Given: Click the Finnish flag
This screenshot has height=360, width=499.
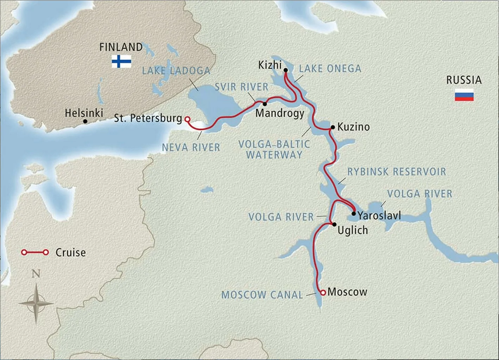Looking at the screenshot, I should tap(121, 62).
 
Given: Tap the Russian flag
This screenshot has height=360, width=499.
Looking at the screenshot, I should tap(464, 95).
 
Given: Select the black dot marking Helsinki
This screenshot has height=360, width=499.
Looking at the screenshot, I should tap(85, 121).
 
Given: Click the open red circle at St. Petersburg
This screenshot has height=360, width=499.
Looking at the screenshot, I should tap(188, 120).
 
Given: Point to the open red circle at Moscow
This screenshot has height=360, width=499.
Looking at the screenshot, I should tap(323, 292).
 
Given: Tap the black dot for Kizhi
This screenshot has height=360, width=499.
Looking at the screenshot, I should tap(286, 70).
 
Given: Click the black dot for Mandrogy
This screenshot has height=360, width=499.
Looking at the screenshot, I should tap(265, 104).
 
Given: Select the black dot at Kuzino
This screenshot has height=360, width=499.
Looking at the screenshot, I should tap(333, 127).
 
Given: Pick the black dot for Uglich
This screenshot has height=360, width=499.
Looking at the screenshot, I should tap(334, 224).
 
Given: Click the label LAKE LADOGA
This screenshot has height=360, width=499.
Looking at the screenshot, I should tap(176, 71).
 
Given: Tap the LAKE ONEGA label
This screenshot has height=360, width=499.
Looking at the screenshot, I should tap(330, 69).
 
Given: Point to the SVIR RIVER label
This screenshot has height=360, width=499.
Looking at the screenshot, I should tap(241, 87).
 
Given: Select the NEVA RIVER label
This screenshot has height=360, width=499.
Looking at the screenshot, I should tap(191, 147).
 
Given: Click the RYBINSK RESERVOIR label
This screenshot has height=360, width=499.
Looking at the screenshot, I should tap(397, 172).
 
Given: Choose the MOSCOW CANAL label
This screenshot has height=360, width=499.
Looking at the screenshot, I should tap(262, 295).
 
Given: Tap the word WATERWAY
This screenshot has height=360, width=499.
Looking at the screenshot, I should tap(274, 155).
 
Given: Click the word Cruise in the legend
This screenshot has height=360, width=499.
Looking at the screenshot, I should tap(71, 252).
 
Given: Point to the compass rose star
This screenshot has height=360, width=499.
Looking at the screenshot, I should tap(36, 303).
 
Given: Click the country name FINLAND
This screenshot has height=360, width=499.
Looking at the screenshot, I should tap(121, 47).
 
